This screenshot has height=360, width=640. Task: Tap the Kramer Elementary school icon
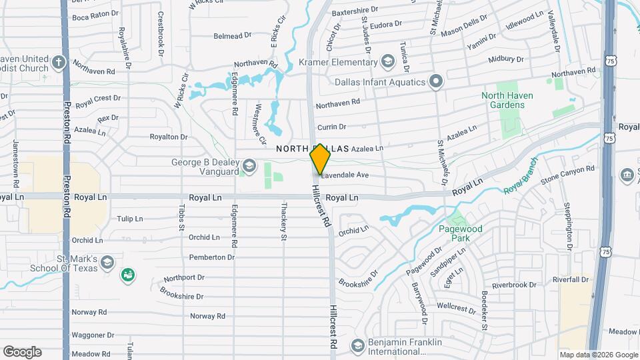[387, 62]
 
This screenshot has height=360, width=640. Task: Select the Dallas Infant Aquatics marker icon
[436, 82]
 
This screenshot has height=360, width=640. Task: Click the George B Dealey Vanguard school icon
[249, 165]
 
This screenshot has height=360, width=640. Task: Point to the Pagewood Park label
[460, 233]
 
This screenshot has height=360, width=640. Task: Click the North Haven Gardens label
[507, 100]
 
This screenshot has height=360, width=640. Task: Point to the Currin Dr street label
[331, 127]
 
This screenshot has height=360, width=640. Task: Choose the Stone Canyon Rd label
[567, 175]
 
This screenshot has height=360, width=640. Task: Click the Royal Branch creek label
[520, 180]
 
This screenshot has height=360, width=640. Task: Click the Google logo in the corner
[22, 352]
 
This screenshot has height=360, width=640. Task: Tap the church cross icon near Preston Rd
[59, 63]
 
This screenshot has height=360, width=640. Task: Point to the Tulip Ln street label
[130, 219]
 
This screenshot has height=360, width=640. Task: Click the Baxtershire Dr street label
[355, 11]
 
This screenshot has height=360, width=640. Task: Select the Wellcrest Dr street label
[451, 307]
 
